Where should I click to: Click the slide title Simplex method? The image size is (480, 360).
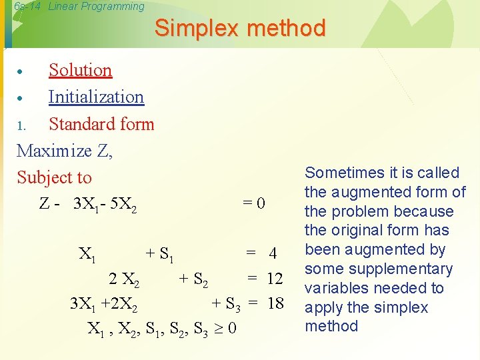tap(240, 28)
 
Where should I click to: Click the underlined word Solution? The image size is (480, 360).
tap(80, 70)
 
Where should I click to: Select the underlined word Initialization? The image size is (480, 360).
tap(96, 97)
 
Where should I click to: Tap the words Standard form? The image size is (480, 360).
tap(101, 124)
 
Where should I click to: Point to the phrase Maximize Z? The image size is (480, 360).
tap(65, 151)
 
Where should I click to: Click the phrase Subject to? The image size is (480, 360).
tap(54, 177)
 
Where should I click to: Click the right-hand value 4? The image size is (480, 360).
tap(272, 253)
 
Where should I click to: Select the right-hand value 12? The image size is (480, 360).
tap(275, 278)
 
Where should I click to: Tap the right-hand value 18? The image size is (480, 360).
tap(275, 304)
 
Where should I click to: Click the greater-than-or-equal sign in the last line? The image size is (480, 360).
tap(218, 329)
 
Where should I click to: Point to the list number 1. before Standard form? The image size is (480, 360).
tap(21, 125)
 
